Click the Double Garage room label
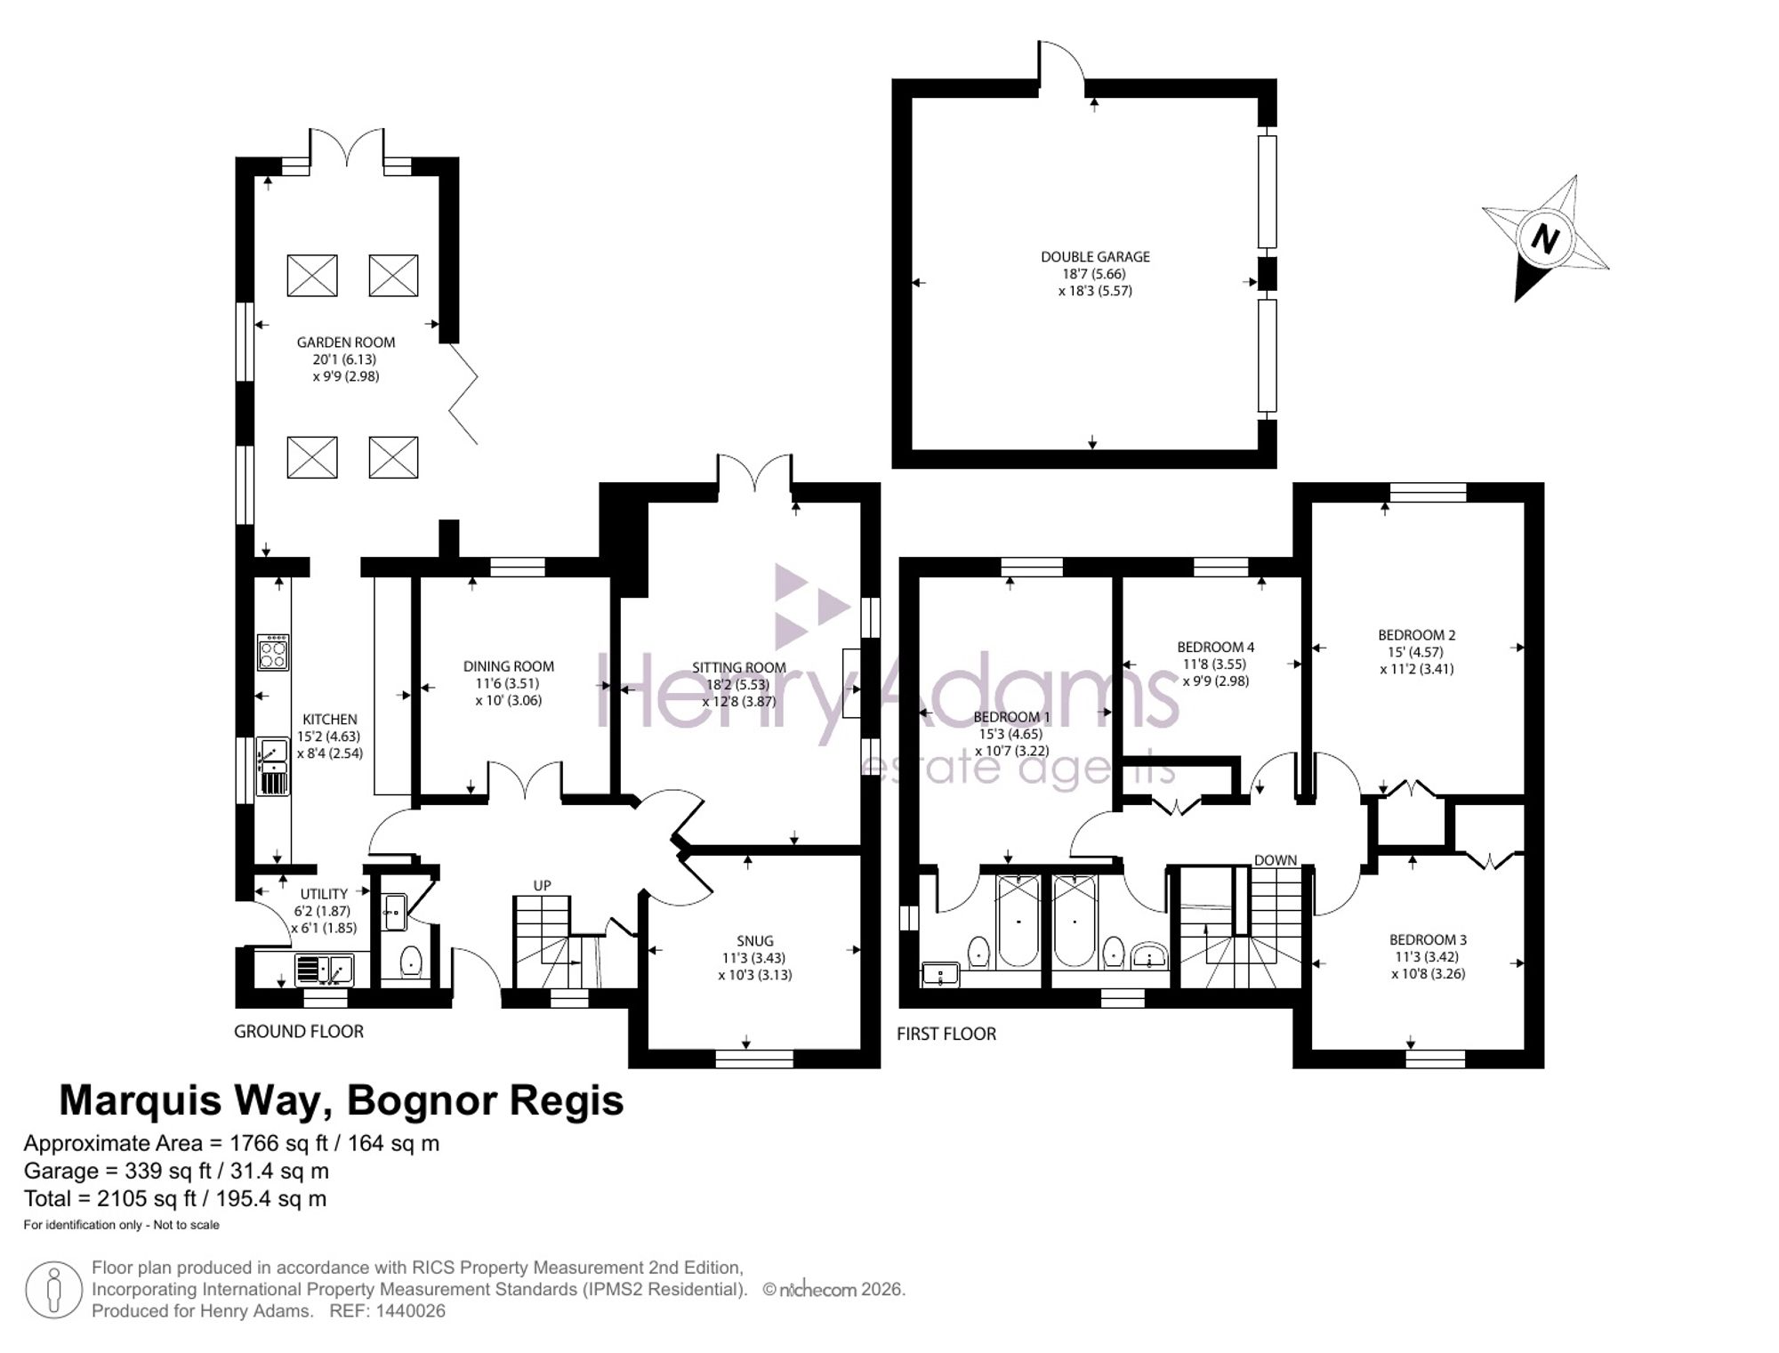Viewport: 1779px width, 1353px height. point(1095,257)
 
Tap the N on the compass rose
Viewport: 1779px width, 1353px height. point(1546,238)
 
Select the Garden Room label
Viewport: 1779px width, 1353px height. point(346,342)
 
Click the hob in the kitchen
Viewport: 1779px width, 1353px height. point(272,652)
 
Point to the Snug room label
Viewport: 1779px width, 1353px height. point(755,941)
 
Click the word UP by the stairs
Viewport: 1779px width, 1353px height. point(542,886)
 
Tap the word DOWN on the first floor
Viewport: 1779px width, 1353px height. point(1276,860)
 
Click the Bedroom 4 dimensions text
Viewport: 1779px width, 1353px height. point(1215,672)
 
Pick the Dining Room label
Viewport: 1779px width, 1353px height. point(509,666)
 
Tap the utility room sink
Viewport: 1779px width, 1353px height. point(324,969)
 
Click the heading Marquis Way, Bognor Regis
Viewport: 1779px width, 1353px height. point(342,1100)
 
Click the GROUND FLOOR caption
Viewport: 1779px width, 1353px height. point(299,1032)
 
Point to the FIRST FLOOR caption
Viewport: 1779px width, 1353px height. point(946,1034)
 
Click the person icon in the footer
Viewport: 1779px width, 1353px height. point(53,1290)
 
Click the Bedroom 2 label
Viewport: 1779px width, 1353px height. point(1417,635)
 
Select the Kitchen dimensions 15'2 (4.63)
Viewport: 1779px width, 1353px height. point(329,737)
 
